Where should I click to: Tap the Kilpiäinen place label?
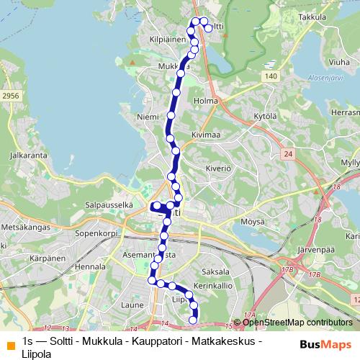[x=167, y=40]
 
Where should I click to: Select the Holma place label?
[x=206, y=101]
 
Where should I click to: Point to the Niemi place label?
[x=146, y=116]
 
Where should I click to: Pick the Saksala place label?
[x=216, y=272]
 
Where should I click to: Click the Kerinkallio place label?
[x=217, y=286]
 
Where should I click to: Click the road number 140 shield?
[x=270, y=76]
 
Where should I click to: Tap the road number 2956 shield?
[x=10, y=94]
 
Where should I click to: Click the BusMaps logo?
[x=325, y=344]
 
